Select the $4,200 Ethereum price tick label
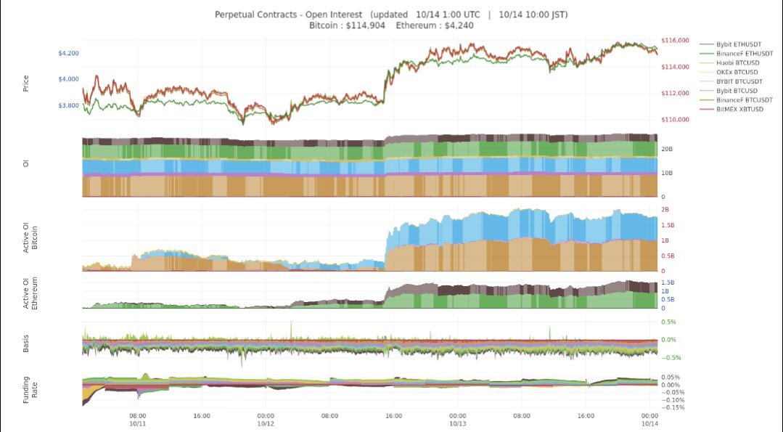(69, 53)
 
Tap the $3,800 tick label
(69, 105)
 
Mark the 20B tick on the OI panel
(667, 149)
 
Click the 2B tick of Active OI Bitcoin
(665, 210)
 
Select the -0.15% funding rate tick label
(674, 407)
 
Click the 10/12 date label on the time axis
(266, 424)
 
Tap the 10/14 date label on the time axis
(649, 424)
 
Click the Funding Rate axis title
(29, 390)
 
